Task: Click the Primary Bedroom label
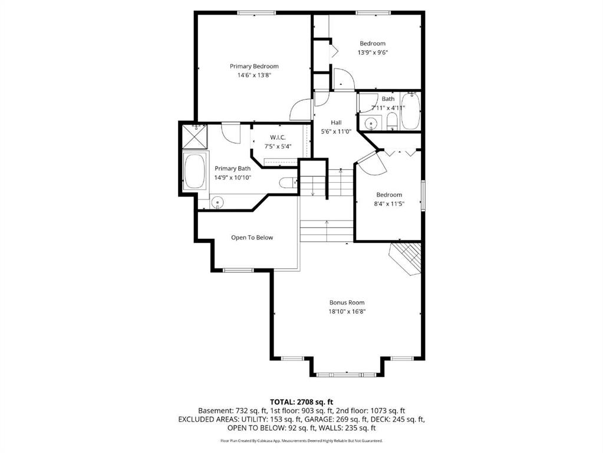[x=254, y=66]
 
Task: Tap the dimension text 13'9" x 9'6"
[x=373, y=52]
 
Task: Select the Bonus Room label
[x=347, y=303]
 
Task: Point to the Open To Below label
[x=252, y=238]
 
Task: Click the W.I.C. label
[x=278, y=137]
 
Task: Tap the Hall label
[x=336, y=122]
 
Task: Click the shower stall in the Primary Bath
[x=194, y=136]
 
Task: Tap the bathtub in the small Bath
[x=410, y=111]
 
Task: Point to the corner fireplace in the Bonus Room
[x=406, y=258]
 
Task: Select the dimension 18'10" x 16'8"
[x=347, y=312]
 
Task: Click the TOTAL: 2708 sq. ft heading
[x=302, y=403]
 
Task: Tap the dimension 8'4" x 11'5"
[x=389, y=204]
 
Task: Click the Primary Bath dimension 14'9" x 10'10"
[x=233, y=178]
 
